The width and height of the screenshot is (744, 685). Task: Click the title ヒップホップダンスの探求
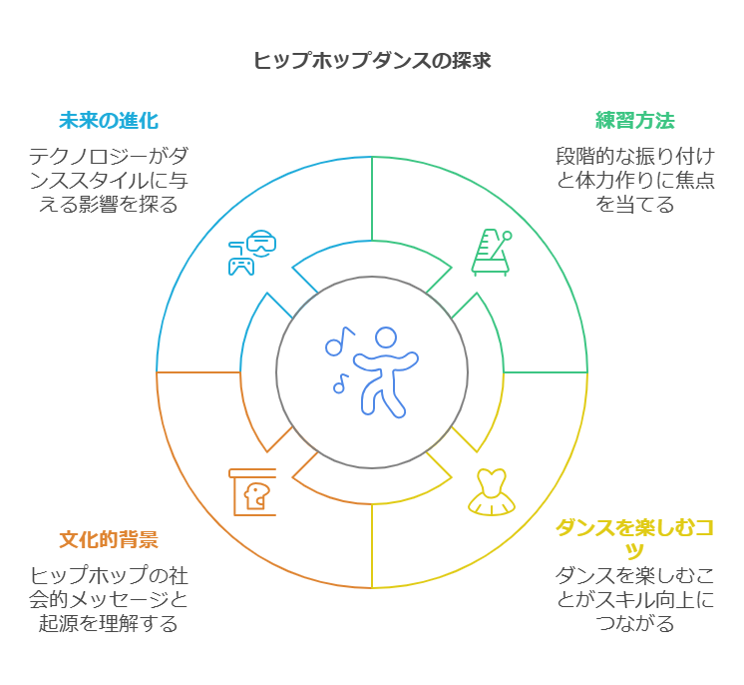click(371, 60)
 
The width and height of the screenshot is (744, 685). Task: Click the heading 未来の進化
click(109, 121)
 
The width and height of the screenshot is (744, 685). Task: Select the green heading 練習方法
click(635, 121)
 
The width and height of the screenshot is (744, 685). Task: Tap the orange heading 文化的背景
click(109, 540)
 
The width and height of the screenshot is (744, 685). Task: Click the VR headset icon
click(261, 242)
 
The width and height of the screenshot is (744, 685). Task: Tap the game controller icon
click(240, 264)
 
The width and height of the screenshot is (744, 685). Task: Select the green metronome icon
click(491, 251)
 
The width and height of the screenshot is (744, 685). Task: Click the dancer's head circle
click(386, 337)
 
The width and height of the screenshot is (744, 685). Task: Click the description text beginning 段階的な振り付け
click(635, 180)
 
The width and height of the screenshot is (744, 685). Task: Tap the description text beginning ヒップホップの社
click(109, 599)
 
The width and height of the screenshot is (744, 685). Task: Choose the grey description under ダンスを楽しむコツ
click(635, 599)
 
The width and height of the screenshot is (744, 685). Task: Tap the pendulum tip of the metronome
click(507, 237)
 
